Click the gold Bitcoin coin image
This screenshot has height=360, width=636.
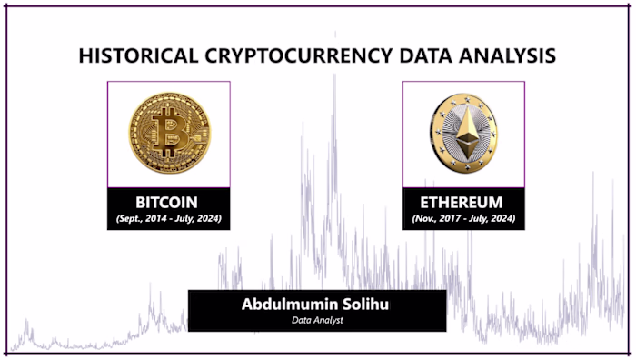pyautogui.click(x=169, y=133)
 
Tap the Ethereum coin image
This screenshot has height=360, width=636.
pyautogui.click(x=463, y=133)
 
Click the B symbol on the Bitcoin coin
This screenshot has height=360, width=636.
pyautogui.click(x=169, y=133)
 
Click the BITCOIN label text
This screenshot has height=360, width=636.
pyautogui.click(x=167, y=201)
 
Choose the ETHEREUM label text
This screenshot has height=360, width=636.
pyautogui.click(x=463, y=201)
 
